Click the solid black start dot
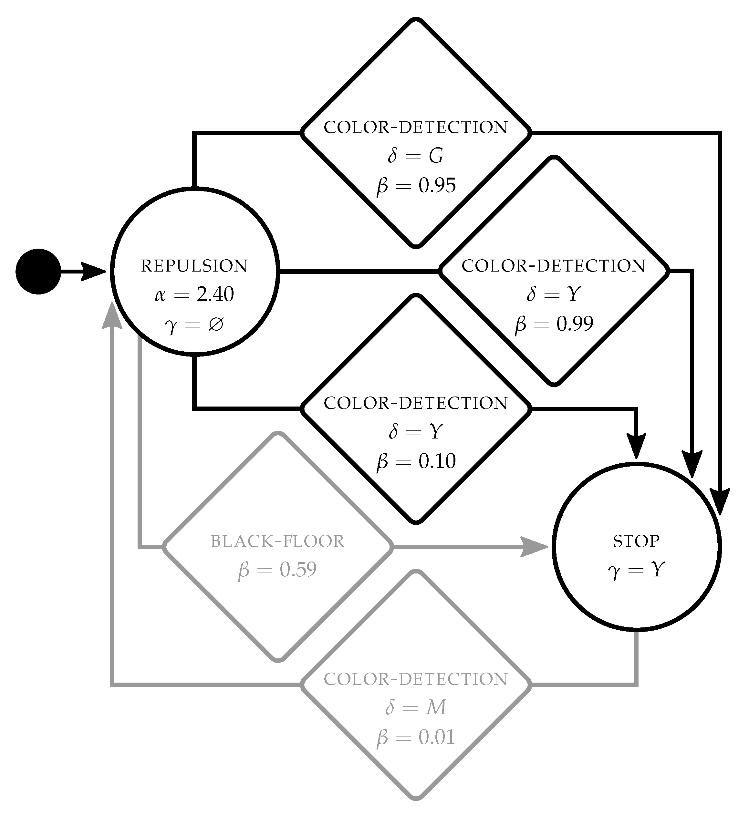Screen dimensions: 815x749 point(38,272)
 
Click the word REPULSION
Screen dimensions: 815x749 point(194,266)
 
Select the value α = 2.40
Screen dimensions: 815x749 point(194,294)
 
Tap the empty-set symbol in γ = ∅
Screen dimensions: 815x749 point(216,324)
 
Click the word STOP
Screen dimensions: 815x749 point(636,542)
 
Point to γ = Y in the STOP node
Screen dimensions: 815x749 point(636,571)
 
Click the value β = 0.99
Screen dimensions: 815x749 point(554,324)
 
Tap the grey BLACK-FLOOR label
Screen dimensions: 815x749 point(278,542)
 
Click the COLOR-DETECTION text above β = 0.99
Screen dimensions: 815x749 point(554,266)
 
